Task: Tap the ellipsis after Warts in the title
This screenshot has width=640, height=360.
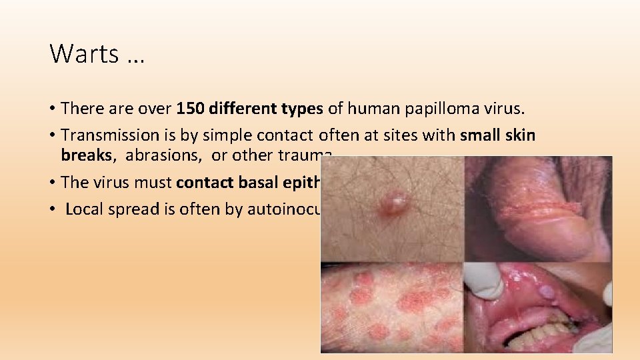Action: click(x=134, y=55)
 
